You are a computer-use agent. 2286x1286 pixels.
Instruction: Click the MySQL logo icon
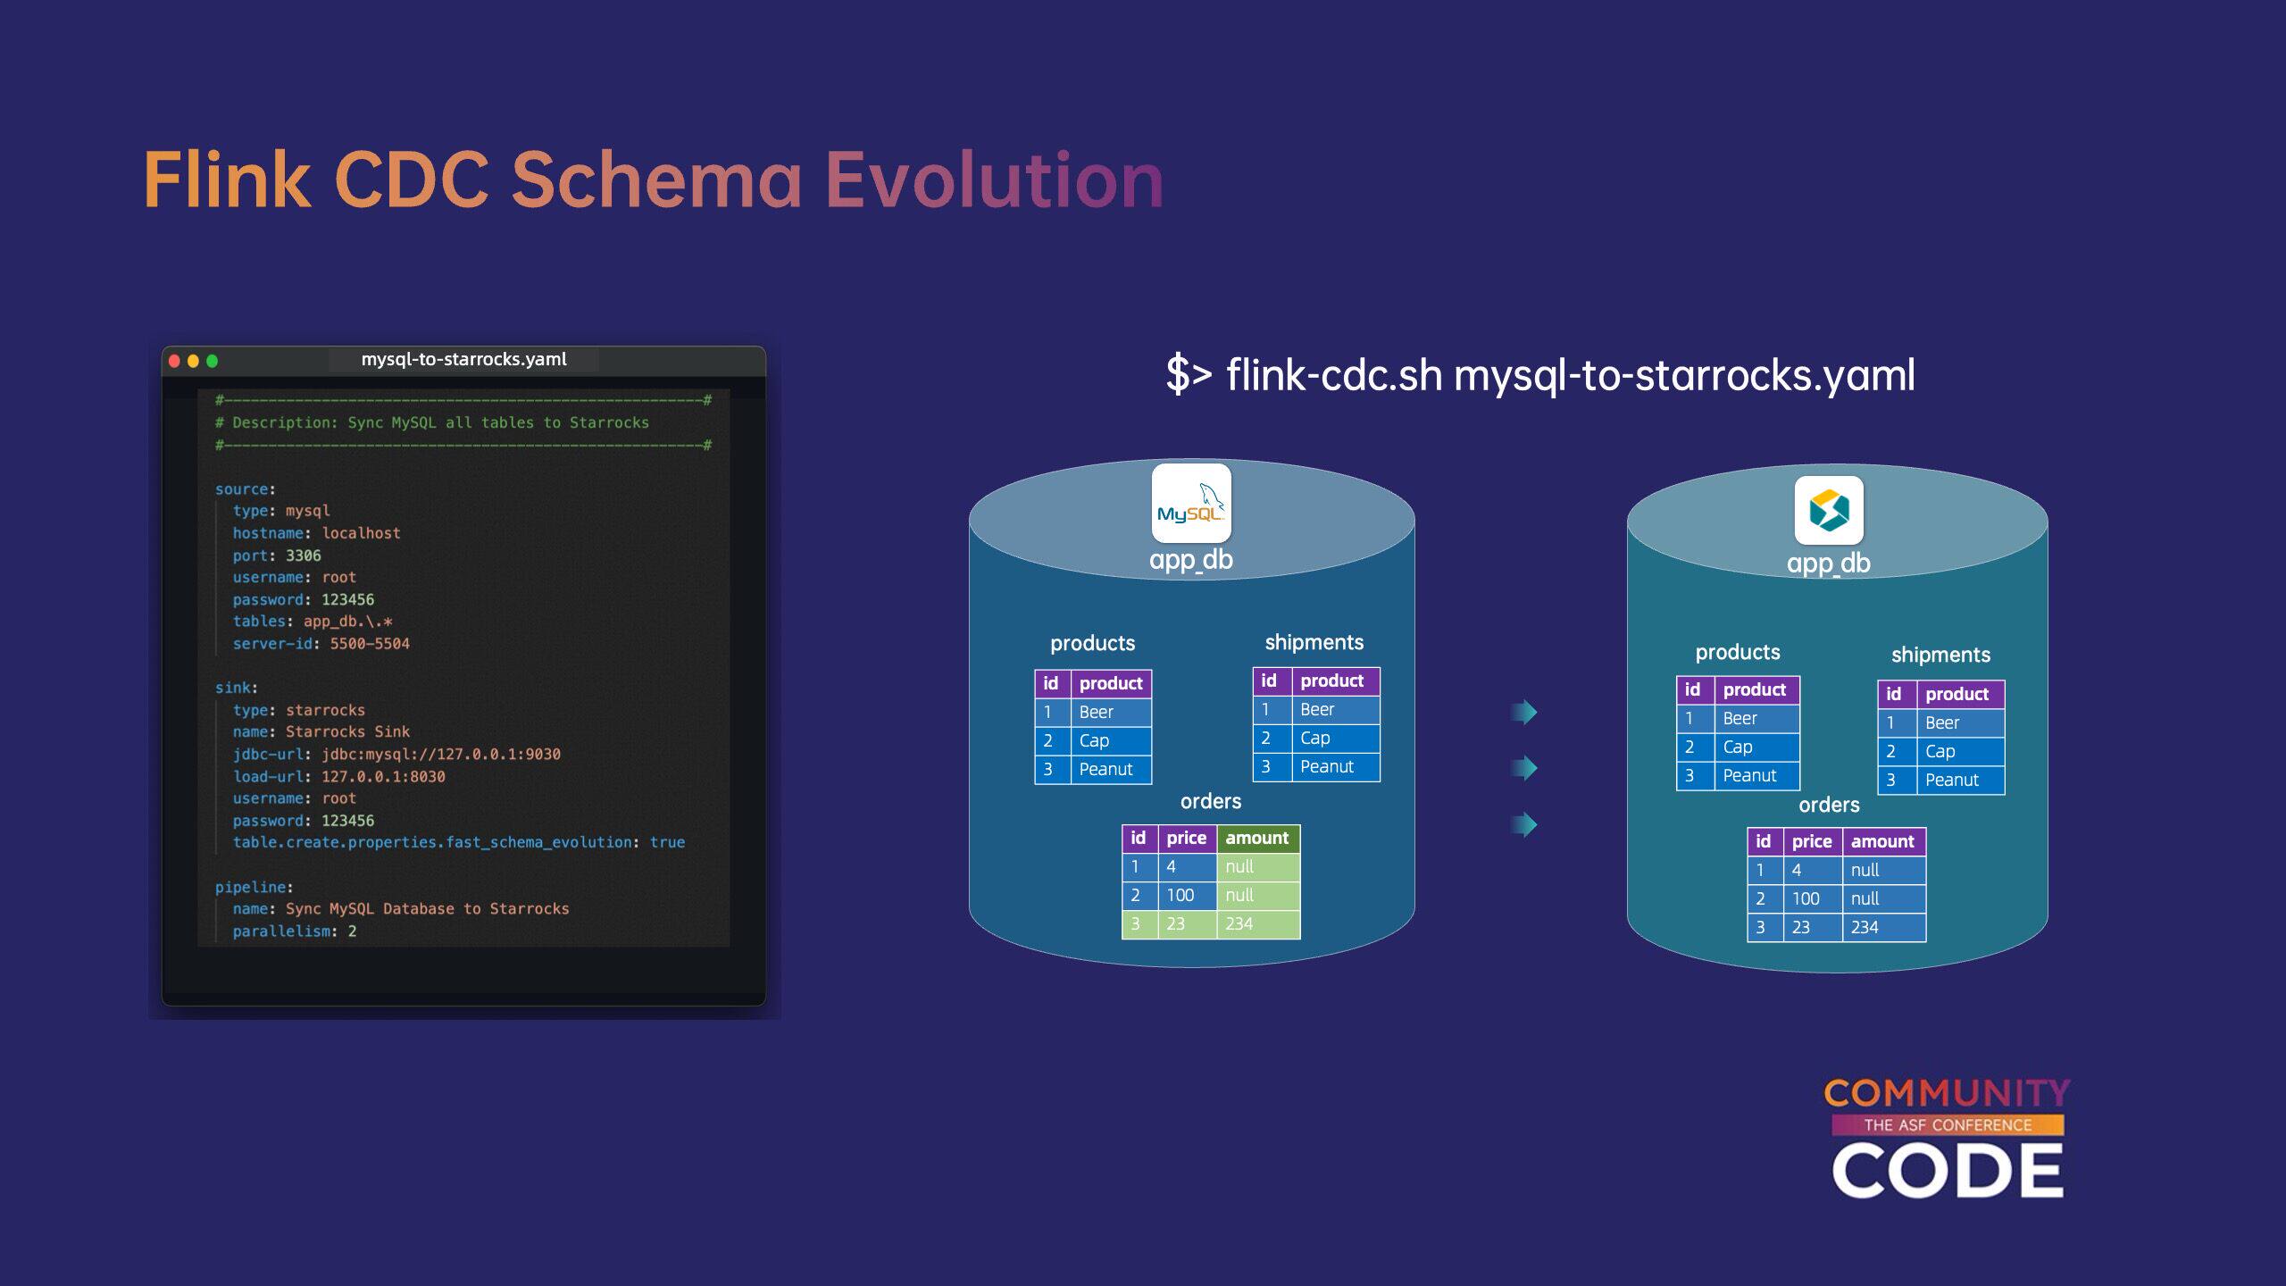pos(1191,503)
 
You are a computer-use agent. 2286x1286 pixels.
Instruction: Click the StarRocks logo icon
pos(1829,510)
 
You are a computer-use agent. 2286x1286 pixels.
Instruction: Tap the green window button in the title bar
pos(213,361)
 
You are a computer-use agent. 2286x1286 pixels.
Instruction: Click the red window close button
pos(174,361)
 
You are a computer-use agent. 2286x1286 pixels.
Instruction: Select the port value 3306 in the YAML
pos(303,555)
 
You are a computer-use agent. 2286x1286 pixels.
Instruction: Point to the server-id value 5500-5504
pos(370,644)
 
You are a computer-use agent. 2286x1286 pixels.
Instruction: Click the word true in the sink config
pos(667,842)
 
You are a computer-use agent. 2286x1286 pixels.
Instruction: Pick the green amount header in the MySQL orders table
pos(1256,838)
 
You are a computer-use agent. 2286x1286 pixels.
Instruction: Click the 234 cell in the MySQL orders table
pos(1239,924)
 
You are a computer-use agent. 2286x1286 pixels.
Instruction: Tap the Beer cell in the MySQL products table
pos(1097,712)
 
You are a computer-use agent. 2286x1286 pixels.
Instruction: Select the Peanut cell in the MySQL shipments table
pos(1327,766)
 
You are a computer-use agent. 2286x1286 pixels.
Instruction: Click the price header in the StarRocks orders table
pos(1811,841)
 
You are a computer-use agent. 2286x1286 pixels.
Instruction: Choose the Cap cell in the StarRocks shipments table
pos(1940,751)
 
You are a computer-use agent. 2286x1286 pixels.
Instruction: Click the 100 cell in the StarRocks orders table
pos(1806,898)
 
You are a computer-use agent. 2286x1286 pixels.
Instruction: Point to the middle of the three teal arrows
pos(1525,767)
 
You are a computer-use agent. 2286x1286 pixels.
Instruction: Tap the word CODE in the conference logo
pos(1947,1171)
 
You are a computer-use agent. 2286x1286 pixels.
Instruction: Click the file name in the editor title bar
pos(463,359)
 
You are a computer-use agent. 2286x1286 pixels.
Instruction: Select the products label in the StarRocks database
pos(1737,652)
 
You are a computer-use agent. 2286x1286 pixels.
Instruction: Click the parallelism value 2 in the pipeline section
pos(352,931)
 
